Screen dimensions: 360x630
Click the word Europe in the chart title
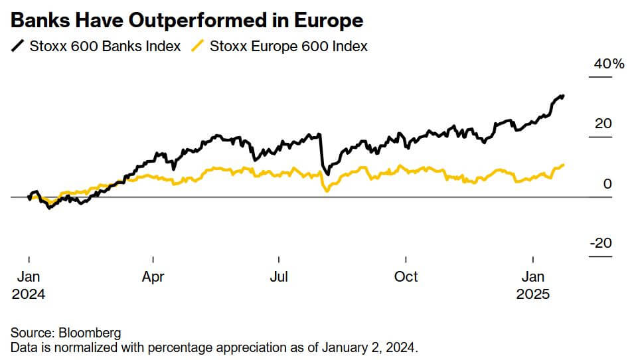click(327, 21)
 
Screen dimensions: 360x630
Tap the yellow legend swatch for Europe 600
click(197, 46)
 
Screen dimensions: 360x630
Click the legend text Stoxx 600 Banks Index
click(106, 46)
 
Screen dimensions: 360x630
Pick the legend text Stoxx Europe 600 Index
click(289, 46)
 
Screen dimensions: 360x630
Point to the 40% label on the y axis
click(608, 64)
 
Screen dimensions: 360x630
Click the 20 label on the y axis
click(603, 124)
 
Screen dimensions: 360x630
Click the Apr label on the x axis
click(153, 276)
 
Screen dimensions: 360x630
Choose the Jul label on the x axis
click(279, 276)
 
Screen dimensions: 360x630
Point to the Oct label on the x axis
click(406, 276)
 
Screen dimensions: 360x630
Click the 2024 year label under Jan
click(29, 294)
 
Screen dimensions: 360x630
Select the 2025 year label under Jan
click(533, 294)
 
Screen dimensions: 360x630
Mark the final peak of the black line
click(562, 96)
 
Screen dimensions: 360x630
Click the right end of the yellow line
click(564, 164)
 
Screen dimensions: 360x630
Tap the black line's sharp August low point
click(323, 167)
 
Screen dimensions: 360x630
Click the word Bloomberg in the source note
click(90, 333)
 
